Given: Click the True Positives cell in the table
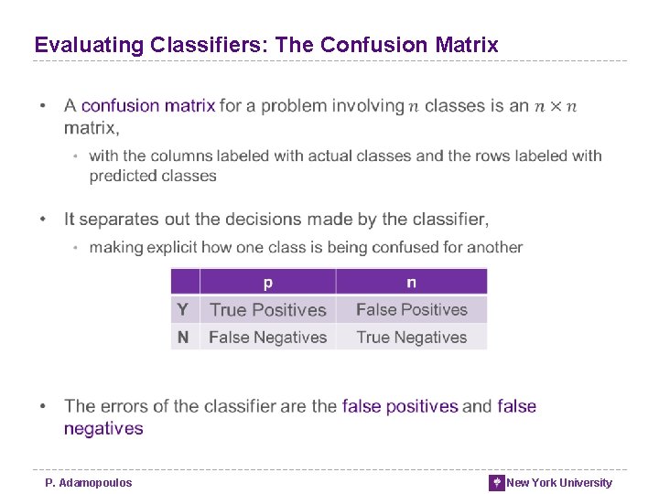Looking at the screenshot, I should click(267, 310).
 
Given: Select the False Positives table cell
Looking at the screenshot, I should click(411, 310).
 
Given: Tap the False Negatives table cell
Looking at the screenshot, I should click(267, 338).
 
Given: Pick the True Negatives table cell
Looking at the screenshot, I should click(411, 338).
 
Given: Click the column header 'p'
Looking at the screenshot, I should click(267, 283).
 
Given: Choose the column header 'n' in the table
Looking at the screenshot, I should click(411, 283).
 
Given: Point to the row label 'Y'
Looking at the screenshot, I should click(183, 310).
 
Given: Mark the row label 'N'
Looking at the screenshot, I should click(183, 338).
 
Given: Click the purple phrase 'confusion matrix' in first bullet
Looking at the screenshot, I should click(148, 106).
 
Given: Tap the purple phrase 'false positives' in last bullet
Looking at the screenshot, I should click(400, 406).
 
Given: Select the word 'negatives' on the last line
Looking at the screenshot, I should click(103, 428).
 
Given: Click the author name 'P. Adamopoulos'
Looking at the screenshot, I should click(89, 482).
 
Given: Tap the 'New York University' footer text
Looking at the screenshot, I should click(559, 482).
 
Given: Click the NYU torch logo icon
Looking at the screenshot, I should click(497, 482).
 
